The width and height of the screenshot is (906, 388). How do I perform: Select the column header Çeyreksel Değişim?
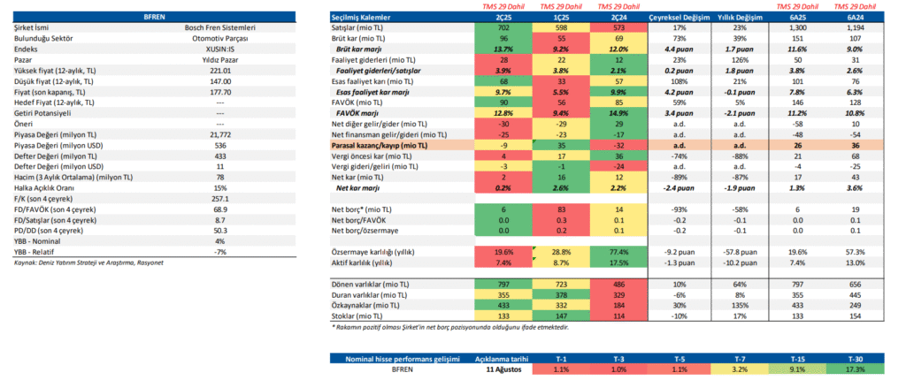pyautogui.click(x=652, y=18)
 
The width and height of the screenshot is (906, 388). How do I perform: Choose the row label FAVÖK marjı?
pyautogui.click(x=359, y=112)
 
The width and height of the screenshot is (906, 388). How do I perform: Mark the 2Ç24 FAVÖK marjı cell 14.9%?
pyautogui.click(x=617, y=112)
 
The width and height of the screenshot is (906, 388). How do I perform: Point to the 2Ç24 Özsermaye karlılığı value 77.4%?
pyautogui.click(x=617, y=251)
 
